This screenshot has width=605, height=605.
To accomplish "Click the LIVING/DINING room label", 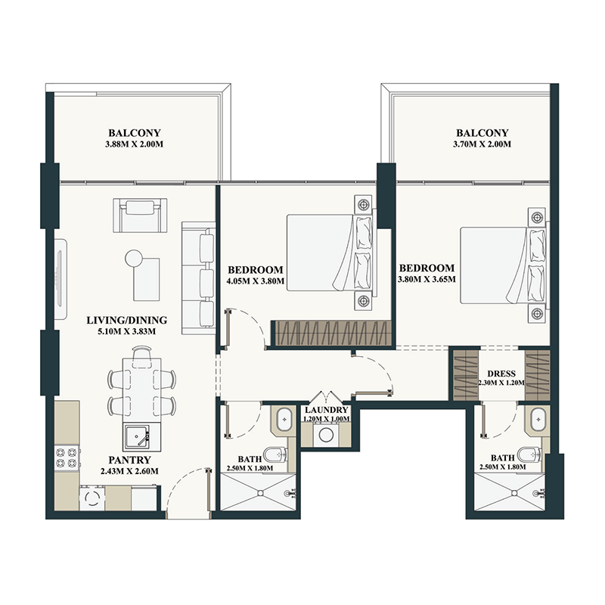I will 127,320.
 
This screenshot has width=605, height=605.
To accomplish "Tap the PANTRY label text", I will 129,460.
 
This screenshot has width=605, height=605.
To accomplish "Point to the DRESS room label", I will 501,373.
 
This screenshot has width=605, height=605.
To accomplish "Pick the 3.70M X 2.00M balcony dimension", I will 482,144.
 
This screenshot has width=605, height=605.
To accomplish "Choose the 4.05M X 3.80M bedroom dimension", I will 255,282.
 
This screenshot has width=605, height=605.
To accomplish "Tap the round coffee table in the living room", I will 135,258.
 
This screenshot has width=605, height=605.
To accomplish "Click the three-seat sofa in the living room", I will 200,276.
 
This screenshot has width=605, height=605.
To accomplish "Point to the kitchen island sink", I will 138,436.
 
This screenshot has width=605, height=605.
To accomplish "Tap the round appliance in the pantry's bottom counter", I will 93,498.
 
